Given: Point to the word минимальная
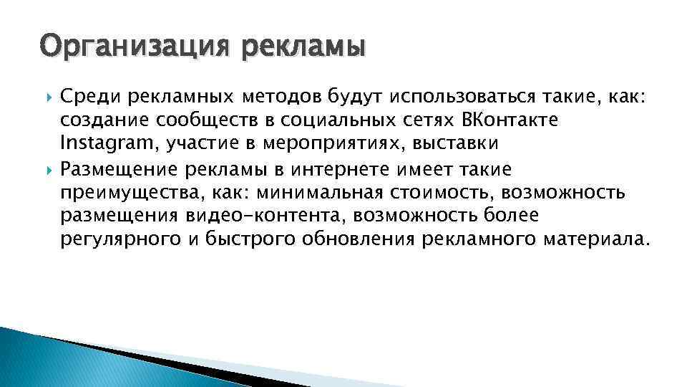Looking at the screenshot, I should [321, 193].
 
